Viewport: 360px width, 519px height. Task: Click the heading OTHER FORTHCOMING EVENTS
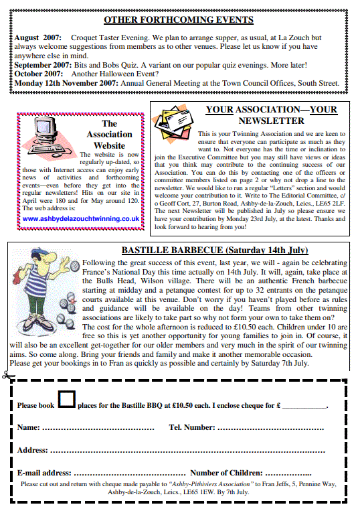pyautogui.click(x=178, y=21)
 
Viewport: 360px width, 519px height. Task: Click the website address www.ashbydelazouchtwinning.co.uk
pyautogui.click(x=80, y=218)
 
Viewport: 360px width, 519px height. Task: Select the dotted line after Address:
pyautogui.click(x=187, y=451)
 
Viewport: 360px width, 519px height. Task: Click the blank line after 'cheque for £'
pyautogui.click(x=305, y=406)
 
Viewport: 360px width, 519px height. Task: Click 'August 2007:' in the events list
pyautogui.click(x=37, y=38)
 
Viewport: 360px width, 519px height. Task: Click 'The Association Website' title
pyautogui.click(x=109, y=134)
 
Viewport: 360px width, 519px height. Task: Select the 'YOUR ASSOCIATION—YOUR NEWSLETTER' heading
pyautogui.click(x=271, y=115)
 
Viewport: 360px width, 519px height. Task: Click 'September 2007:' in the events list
pyautogui.click(x=43, y=65)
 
